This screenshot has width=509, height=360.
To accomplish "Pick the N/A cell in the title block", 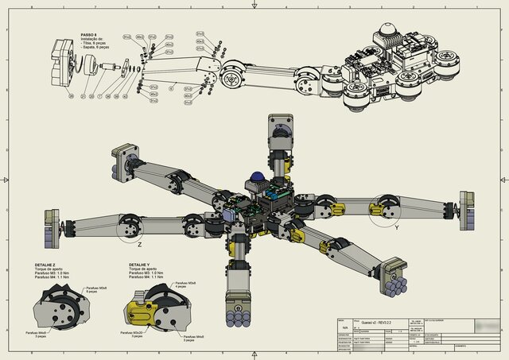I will [x=344, y=327].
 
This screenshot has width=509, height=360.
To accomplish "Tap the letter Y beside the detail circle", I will [x=396, y=226].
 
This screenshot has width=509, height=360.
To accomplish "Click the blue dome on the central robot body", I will [x=257, y=176].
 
